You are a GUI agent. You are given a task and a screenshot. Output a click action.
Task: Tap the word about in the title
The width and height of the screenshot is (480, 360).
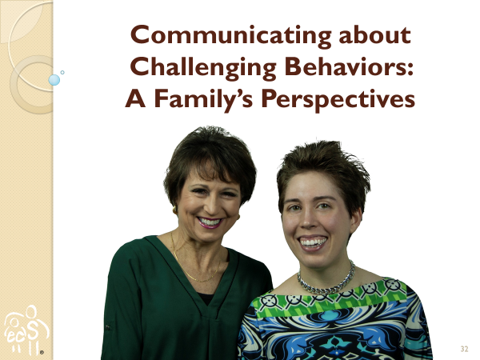pyautogui.click(x=374, y=35)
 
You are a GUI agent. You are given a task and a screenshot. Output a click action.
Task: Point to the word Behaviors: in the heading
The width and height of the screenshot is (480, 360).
pyautogui.click(x=349, y=66)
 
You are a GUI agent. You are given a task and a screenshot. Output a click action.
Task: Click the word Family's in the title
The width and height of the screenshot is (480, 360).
pyautogui.click(x=203, y=100)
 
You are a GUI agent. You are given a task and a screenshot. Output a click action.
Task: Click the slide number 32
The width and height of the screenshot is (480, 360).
pyautogui.click(x=464, y=349)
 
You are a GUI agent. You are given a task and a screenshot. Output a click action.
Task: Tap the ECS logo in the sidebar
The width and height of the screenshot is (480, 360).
pyautogui.click(x=26, y=330)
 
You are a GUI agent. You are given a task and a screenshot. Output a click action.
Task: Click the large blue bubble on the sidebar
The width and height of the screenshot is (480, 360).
pyautogui.click(x=54, y=80)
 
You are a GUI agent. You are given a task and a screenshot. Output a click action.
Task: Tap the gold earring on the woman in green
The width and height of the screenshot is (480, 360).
pyautogui.click(x=174, y=210)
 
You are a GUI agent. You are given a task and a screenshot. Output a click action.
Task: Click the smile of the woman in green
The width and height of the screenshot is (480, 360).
pyautogui.click(x=210, y=222)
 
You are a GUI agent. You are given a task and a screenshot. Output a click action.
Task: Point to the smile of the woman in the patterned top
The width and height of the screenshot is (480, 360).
pyautogui.click(x=313, y=242)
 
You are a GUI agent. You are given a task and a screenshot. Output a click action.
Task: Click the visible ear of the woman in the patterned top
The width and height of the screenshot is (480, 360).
pyautogui.click(x=356, y=221)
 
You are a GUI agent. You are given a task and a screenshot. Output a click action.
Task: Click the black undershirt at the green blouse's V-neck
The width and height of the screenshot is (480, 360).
pyautogui.click(x=206, y=298)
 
